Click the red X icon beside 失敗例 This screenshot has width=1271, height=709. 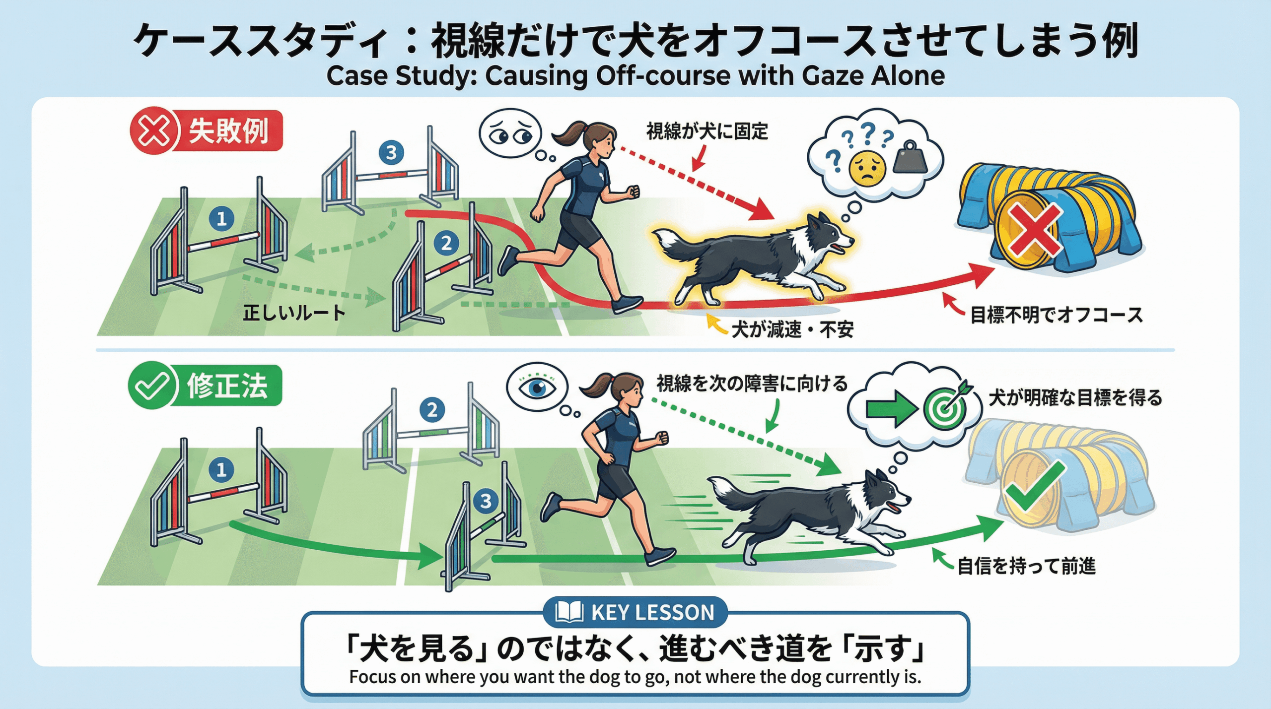tap(153, 131)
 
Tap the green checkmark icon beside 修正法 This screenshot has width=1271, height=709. tap(152, 386)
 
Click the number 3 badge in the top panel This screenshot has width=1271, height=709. tap(391, 152)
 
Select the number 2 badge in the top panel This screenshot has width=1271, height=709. tap(446, 243)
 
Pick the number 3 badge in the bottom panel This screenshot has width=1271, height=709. tap(486, 501)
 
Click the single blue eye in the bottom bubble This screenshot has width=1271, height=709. tap(537, 387)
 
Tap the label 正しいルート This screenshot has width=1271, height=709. tap(293, 313)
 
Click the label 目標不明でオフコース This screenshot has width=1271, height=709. tap(1057, 315)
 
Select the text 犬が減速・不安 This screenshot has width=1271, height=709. tap(792, 329)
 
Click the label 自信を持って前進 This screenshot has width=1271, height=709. tap(1026, 566)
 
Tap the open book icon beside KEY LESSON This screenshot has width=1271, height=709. tap(568, 612)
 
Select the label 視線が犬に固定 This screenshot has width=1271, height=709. tap(707, 131)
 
